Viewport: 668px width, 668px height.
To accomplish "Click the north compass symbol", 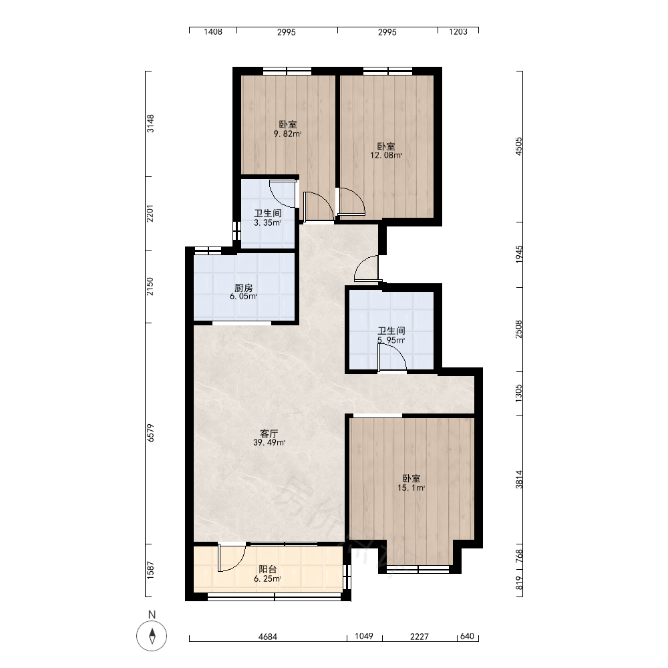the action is point(152,636).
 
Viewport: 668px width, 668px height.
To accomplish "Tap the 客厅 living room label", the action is point(269,434).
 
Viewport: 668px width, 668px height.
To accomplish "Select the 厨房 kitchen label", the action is point(244,288).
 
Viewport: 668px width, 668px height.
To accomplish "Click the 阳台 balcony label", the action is point(268,569).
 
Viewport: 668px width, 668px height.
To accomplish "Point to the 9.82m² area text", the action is point(287,134).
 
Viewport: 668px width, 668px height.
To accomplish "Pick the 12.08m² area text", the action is point(386,156).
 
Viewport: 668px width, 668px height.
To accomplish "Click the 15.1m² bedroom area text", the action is point(411,488).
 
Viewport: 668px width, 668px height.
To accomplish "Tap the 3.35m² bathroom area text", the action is point(268,223).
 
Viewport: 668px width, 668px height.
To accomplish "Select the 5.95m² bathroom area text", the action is point(391,341).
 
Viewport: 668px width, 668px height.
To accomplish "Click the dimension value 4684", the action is point(268,637).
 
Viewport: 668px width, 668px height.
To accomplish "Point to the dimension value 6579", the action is point(150,432).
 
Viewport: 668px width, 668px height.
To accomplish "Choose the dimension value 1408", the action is point(213,31).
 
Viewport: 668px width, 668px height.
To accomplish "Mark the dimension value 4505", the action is point(518,146).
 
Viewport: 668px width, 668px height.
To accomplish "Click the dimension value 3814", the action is point(518,479).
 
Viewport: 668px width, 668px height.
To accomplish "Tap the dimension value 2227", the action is point(420,637).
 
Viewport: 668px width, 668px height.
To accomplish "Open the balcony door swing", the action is point(232,557).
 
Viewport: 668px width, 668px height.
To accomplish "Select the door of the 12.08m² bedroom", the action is point(351,202).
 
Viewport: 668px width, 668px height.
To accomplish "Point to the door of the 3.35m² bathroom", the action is point(283,194).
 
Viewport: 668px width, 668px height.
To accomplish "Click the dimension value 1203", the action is point(458,31).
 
